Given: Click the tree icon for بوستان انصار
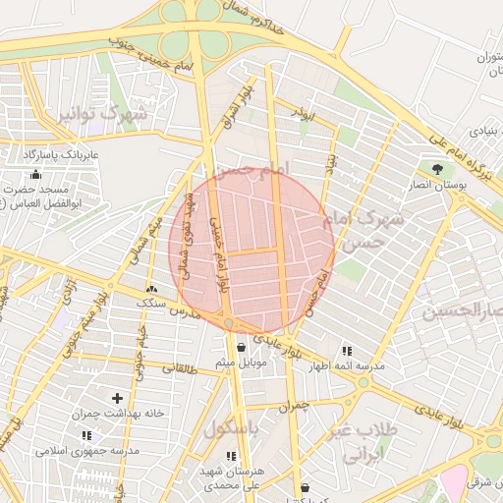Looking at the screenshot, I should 437,169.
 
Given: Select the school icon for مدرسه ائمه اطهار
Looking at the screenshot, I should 346,351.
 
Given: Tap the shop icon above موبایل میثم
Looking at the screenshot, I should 241,348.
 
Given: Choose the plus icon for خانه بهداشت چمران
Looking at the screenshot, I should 118,398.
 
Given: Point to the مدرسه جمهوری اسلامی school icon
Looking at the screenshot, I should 85,435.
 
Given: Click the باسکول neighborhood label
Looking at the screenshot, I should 231,430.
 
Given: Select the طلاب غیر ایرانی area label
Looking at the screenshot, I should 367,443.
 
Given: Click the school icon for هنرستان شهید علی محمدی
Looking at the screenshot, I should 231,456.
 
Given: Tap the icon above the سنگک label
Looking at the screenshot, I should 151,290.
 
